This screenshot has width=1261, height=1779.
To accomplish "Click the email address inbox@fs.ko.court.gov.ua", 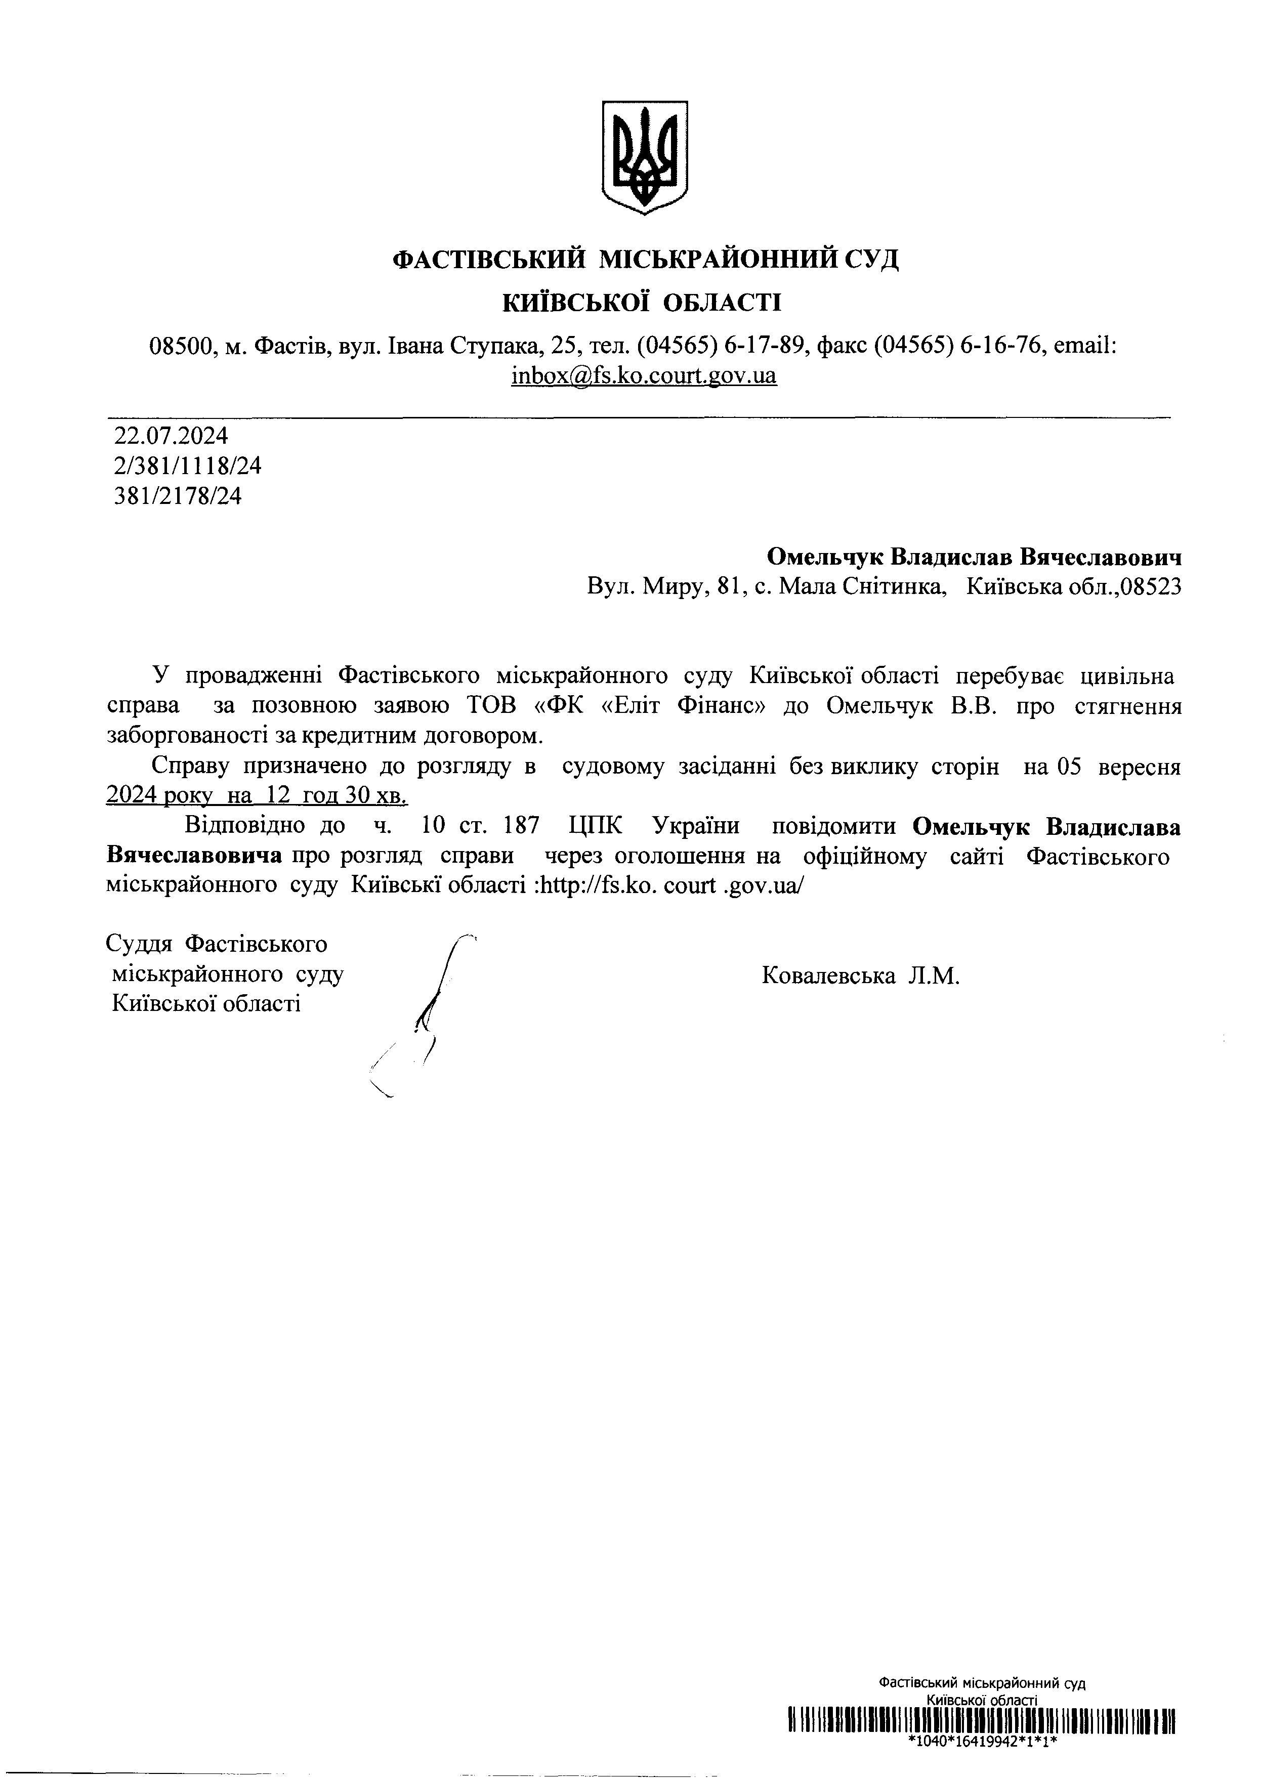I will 644,375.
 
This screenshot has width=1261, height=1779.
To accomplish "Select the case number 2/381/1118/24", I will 188,465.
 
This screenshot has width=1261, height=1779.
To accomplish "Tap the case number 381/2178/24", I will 178,496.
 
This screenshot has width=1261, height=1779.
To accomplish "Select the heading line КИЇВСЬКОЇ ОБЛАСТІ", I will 643,302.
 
